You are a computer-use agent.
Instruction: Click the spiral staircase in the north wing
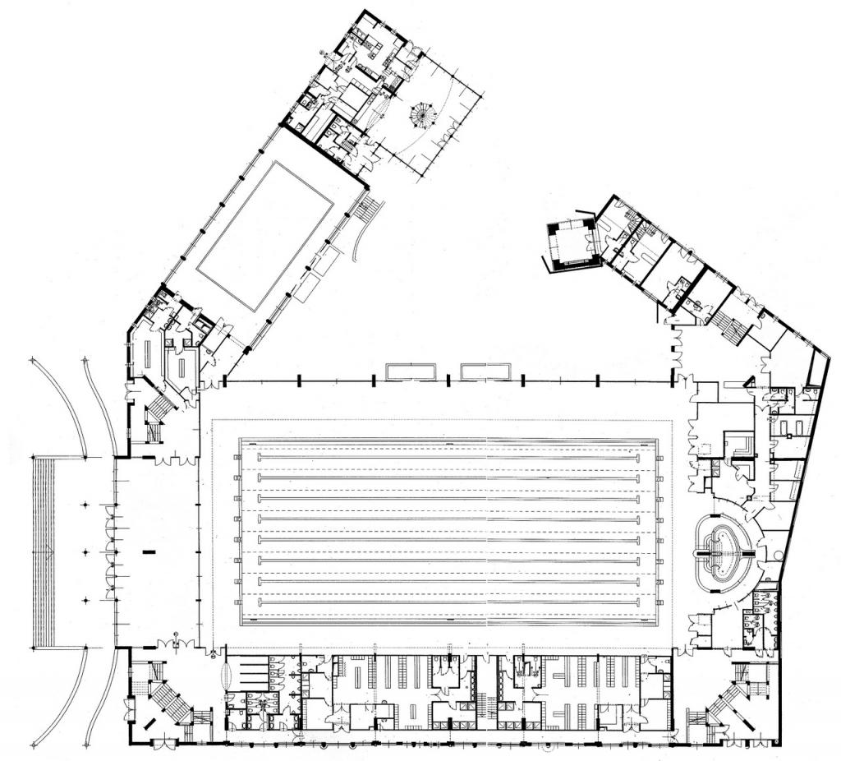point(423,116)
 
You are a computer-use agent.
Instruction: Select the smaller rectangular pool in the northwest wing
point(265,235)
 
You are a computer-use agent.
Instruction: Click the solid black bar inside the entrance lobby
point(149,551)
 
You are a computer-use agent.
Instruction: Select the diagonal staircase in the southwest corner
point(168,694)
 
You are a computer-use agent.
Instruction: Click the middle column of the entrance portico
point(85,551)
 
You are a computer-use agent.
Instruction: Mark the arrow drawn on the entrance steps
point(50,551)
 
